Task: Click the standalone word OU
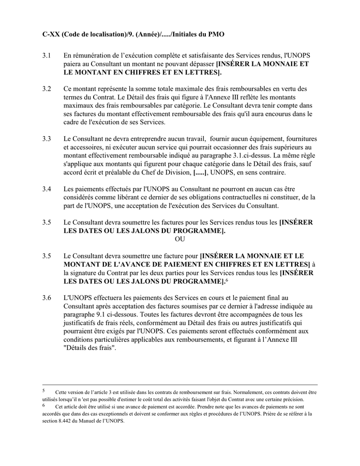point(180,239)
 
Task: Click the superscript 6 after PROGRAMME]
point(227,280)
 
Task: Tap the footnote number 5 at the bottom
point(44,391)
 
